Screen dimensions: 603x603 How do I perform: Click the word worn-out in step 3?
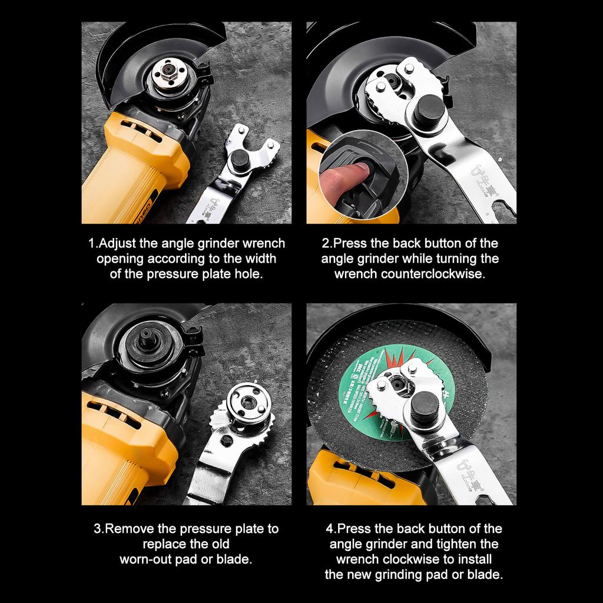[146, 559]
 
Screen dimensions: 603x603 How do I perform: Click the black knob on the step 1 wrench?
[240, 160]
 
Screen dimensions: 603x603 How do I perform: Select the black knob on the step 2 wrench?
[428, 110]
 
